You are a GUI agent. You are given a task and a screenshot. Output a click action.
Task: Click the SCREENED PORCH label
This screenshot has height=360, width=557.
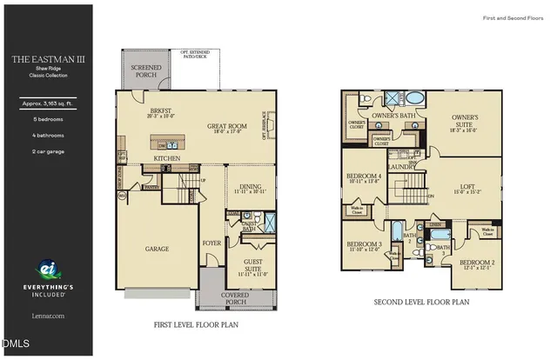(145, 71)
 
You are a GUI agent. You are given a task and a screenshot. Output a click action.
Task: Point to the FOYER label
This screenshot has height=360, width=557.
(211, 243)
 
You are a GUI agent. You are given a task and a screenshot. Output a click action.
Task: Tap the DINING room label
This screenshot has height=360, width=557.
(250, 186)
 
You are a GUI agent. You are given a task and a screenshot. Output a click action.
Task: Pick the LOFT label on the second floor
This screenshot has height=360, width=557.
(467, 185)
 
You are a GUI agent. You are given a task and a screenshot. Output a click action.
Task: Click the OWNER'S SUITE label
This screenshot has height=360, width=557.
(464, 121)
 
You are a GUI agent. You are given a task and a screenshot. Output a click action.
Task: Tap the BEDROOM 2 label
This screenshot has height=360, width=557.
(476, 262)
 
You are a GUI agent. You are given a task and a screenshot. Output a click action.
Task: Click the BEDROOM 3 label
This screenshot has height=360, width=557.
(363, 244)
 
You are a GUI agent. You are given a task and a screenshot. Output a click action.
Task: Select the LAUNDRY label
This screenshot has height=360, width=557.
(401, 166)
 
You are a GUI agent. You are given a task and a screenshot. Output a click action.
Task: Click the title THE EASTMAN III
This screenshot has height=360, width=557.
(46, 60)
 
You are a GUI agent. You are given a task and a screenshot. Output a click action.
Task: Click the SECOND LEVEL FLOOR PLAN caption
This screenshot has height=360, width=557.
(421, 302)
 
